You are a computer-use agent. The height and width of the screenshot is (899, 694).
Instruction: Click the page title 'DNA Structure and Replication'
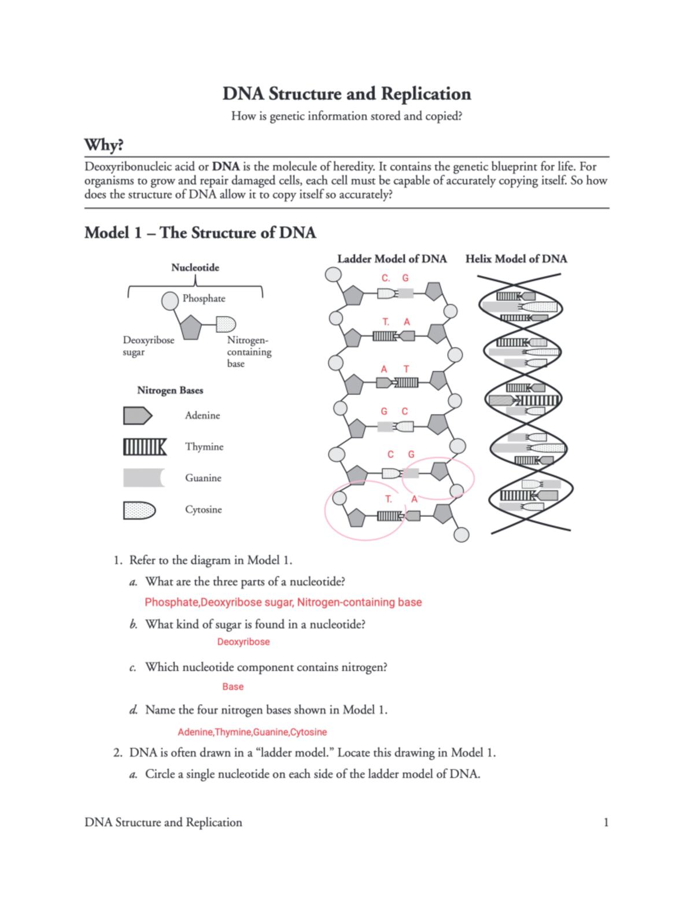(346, 94)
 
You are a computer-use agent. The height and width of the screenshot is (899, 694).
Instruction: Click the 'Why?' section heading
(104, 145)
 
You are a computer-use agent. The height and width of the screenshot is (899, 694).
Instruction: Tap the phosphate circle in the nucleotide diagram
(169, 300)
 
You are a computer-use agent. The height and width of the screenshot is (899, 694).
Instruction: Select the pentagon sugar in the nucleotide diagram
(190, 327)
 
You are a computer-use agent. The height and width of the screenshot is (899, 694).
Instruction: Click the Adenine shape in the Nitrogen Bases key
(137, 416)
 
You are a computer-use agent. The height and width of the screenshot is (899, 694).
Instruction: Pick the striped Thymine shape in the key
(145, 447)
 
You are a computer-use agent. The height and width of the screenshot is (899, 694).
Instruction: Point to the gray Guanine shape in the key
(143, 478)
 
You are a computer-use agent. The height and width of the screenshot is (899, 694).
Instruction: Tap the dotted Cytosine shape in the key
(139, 510)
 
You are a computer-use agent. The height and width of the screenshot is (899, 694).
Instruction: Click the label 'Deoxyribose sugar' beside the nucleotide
(148, 346)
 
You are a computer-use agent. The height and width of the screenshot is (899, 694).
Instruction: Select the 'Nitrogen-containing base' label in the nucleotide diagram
(249, 351)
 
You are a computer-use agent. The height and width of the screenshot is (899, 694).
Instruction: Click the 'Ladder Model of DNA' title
(392, 259)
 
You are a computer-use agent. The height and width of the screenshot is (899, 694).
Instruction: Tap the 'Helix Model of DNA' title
(516, 259)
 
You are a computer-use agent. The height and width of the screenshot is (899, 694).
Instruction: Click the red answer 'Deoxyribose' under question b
(243, 641)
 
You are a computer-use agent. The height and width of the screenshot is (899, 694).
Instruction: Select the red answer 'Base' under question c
(232, 687)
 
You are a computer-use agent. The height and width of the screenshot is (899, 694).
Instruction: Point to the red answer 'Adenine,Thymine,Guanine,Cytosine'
(252, 732)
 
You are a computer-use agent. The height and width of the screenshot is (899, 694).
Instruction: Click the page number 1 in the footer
(606, 822)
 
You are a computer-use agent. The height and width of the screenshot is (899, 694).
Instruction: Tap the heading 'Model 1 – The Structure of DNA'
(200, 233)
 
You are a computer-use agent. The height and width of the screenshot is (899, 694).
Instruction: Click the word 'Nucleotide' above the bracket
(195, 267)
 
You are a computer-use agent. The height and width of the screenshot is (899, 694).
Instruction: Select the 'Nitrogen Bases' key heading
(170, 390)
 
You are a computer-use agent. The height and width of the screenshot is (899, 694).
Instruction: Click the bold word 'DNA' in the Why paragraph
(226, 167)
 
